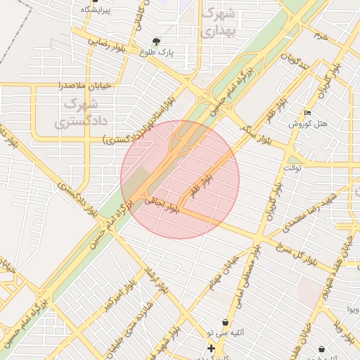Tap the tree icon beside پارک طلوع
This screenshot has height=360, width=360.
pos(156,41)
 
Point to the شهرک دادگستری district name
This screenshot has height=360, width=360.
pos(82,112)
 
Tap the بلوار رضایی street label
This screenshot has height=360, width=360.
pos(107,41)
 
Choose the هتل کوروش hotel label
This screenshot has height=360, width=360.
pos(309,124)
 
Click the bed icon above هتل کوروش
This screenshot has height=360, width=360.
pos(307,112)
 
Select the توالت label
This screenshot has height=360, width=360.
pos(292,168)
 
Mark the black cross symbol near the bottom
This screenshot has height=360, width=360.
pos(211,348)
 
